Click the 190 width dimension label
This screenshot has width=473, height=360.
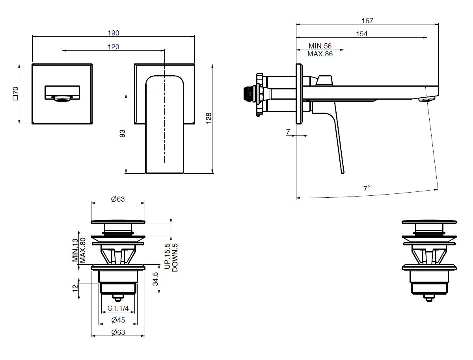point(114,33)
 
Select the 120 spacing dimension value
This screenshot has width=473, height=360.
point(114,47)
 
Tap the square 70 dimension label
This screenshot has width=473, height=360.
point(15,93)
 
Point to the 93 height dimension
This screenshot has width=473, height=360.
point(122,134)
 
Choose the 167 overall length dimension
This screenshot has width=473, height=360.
point(367,21)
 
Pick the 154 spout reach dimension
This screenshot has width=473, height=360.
point(361,34)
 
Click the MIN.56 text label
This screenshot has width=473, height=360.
point(320,46)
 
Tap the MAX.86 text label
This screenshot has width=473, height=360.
point(320,54)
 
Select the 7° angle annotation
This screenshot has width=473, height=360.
point(367,188)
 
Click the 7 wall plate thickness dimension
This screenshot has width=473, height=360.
point(289,132)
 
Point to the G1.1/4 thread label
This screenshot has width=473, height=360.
point(118,308)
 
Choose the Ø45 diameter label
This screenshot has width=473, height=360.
point(118,319)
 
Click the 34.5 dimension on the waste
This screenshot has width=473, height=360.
point(156,279)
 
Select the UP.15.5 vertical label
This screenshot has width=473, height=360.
point(168,256)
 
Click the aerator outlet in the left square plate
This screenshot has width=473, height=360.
point(62,99)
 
